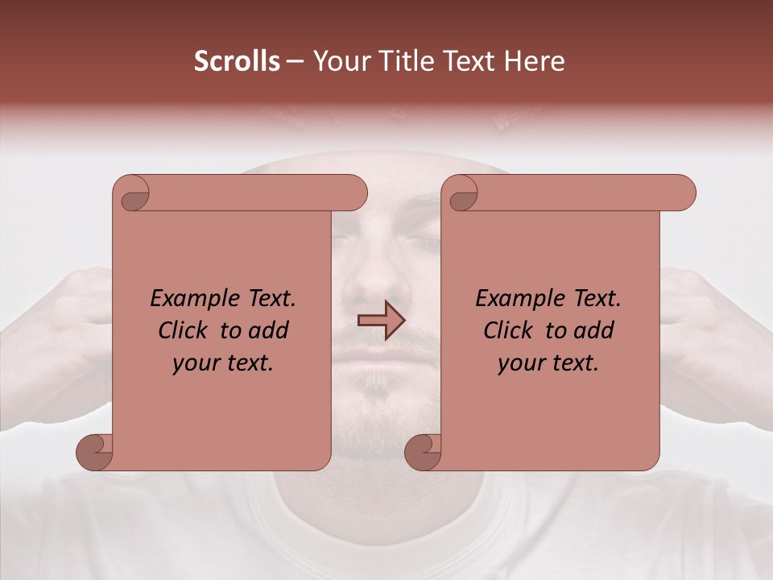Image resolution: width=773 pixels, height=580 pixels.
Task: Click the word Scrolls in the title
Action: pyautogui.click(x=237, y=61)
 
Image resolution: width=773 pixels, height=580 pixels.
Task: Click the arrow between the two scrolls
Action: pyautogui.click(x=382, y=321)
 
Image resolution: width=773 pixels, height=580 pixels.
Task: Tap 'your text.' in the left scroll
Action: pyautogui.click(x=223, y=363)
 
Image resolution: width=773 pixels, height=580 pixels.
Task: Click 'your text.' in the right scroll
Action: pyautogui.click(x=548, y=363)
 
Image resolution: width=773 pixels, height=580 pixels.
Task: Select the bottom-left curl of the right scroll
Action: pyautogui.click(x=424, y=452)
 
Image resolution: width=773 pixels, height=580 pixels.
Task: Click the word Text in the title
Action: pyautogui.click(x=469, y=61)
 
